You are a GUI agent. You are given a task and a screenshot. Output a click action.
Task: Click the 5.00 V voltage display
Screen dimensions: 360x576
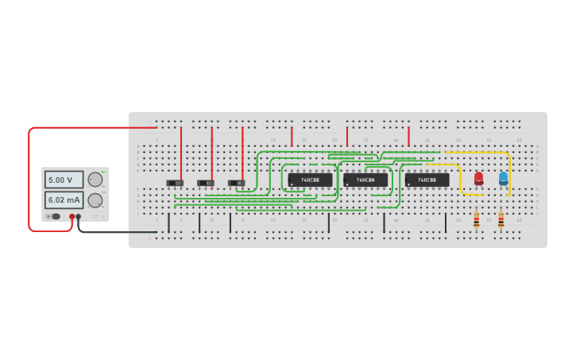64,180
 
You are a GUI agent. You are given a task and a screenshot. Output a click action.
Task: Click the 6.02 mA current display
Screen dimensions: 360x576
64,199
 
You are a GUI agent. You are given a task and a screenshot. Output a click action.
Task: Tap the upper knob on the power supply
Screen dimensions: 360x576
95,180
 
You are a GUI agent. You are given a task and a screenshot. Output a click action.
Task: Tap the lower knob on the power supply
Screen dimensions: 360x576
95,199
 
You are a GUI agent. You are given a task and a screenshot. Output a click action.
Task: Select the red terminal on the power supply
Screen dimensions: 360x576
72,216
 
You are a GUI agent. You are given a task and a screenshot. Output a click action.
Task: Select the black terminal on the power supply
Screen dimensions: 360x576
78,216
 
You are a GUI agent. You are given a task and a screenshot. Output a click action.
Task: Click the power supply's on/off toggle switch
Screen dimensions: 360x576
54,216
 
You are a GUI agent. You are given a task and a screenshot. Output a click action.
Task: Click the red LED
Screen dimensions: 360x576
478,179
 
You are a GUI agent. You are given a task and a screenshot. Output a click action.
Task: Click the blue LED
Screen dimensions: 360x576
503,179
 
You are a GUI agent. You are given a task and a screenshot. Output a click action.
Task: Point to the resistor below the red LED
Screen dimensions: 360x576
476,220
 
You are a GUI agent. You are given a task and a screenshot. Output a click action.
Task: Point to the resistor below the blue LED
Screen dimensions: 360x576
501,220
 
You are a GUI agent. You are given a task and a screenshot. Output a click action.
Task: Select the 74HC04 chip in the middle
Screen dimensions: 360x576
365,180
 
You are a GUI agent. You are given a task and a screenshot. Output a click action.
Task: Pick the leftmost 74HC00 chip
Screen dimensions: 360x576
310,180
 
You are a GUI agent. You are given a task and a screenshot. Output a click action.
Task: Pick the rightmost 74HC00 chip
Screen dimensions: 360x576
427,180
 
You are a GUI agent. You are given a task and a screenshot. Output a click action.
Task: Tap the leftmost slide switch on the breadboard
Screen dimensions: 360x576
175,183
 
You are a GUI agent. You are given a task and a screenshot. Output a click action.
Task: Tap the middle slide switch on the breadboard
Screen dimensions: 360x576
206,183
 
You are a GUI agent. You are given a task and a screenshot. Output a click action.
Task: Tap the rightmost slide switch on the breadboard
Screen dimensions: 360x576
236,183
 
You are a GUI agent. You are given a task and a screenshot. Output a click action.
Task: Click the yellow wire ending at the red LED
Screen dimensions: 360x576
460,179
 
